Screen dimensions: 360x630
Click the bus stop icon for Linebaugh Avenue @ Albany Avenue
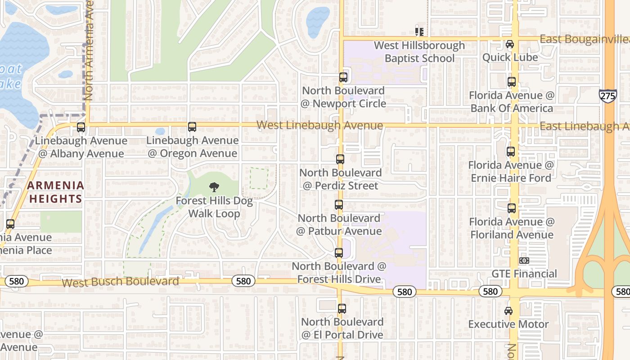pyautogui.click(x=81, y=127)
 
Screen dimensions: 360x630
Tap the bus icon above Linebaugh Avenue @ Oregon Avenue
pyautogui.click(x=192, y=127)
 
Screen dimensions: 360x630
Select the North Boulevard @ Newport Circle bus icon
pyautogui.click(x=343, y=77)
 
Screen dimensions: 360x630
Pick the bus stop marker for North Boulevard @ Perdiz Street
pyautogui.click(x=340, y=159)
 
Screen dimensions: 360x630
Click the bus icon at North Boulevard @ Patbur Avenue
pyautogui.click(x=339, y=205)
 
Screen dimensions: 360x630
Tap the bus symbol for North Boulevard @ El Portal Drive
pyautogui.click(x=342, y=309)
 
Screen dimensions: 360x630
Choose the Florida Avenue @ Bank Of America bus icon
pyautogui.click(x=512, y=82)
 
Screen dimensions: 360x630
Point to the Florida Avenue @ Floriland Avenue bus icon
pyautogui.click(x=512, y=208)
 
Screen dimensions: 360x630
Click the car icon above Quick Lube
pyautogui.click(x=510, y=44)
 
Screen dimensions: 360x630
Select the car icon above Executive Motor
pyautogui.click(x=508, y=311)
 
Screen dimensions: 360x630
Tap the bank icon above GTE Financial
pyautogui.click(x=524, y=261)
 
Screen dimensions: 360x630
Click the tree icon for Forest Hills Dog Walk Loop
pyautogui.click(x=214, y=187)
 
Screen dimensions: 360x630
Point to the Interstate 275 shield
pyautogui.click(x=607, y=96)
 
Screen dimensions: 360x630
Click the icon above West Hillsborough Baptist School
pyautogui.click(x=419, y=32)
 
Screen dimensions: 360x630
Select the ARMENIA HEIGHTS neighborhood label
pyautogui.click(x=55, y=192)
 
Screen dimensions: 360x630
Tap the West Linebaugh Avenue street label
pyautogui.click(x=319, y=125)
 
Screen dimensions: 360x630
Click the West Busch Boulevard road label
pyautogui.click(x=120, y=282)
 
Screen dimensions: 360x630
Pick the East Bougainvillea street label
pyautogui.click(x=584, y=39)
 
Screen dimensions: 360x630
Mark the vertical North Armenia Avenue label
pyautogui.click(x=88, y=49)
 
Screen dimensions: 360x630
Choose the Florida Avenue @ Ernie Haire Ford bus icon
pyautogui.click(x=511, y=152)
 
